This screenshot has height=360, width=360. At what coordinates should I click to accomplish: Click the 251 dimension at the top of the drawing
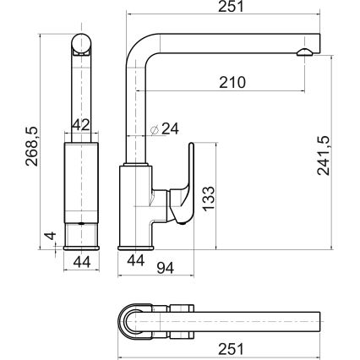coord(231,7)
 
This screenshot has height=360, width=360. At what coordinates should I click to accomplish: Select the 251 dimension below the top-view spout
coord(231,349)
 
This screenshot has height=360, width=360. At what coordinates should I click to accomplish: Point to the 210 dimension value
coord(232,83)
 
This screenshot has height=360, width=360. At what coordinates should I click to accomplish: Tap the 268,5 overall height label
coord(31,146)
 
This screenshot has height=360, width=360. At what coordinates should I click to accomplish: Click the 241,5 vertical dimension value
coord(323,155)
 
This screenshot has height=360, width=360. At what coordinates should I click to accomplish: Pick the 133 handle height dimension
coord(209,199)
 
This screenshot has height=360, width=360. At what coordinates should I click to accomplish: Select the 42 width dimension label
coord(81,124)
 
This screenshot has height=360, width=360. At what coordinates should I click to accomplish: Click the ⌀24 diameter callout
coord(165,129)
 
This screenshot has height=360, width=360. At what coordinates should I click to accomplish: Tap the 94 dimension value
coord(166,268)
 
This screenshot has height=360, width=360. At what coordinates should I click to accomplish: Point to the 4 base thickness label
coord(51,236)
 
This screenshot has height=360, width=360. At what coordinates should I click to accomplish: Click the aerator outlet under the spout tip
coord(304,52)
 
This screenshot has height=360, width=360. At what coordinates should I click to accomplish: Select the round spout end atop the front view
coord(81,44)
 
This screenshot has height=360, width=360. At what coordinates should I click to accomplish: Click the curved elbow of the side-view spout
coord(141,48)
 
